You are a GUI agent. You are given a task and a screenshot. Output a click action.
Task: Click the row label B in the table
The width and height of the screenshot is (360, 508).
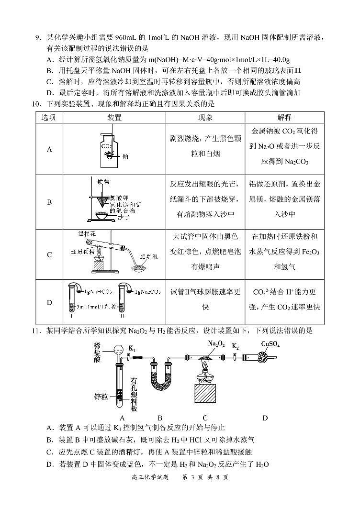click(x=49, y=202)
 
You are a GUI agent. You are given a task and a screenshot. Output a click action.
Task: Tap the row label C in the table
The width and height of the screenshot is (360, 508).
click(x=49, y=255)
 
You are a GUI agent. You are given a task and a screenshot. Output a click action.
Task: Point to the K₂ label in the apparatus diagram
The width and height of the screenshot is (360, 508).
click(x=235, y=346)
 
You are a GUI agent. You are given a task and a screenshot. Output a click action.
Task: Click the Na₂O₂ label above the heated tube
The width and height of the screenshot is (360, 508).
click(x=216, y=343)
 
